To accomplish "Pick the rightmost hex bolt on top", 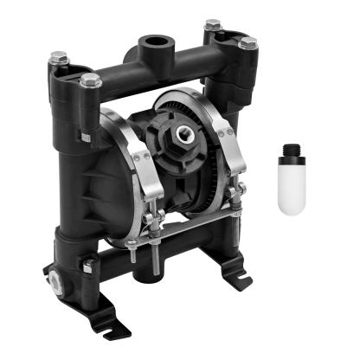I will (x=247, y=42).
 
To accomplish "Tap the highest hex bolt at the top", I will (x=213, y=25).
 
